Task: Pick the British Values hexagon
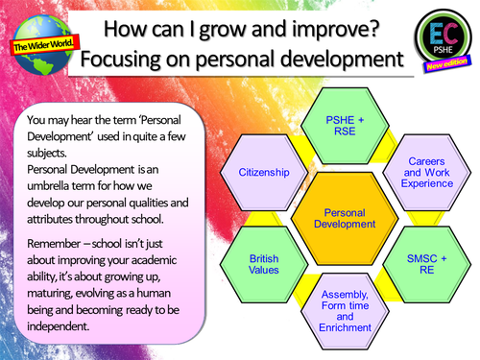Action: [264, 263]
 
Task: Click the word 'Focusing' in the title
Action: [120, 59]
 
